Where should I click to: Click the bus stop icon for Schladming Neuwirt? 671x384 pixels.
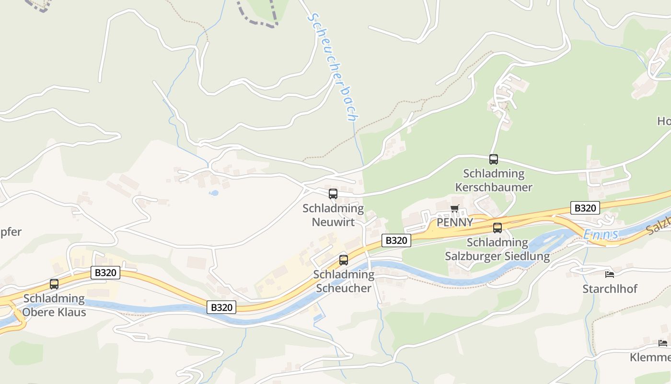tap(333, 194)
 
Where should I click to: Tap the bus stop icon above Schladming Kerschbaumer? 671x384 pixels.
tap(493, 159)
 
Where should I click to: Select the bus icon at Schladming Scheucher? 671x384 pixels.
tap(343, 260)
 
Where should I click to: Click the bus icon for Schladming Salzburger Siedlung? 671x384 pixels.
tap(497, 228)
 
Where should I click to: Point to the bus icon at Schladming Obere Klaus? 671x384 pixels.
tap(54, 284)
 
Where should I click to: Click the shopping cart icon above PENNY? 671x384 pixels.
tap(454, 208)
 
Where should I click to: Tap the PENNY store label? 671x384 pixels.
tap(454, 222)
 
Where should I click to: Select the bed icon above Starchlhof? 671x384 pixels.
tap(609, 274)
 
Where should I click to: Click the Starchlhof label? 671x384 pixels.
tap(610, 289)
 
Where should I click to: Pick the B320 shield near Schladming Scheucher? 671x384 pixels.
tap(396, 240)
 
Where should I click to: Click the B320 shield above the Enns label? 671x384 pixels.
tap(585, 208)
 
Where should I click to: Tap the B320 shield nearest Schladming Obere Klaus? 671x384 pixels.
tap(105, 273)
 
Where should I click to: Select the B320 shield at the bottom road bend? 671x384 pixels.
tap(221, 307)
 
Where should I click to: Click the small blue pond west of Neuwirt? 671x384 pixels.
tap(214, 193)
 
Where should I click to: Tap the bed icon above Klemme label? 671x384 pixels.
tap(662, 343)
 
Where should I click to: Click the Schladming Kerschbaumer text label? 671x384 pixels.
tap(493, 180)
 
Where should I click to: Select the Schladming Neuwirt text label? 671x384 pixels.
tap(333, 215)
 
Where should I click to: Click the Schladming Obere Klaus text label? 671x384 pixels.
tap(54, 305)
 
